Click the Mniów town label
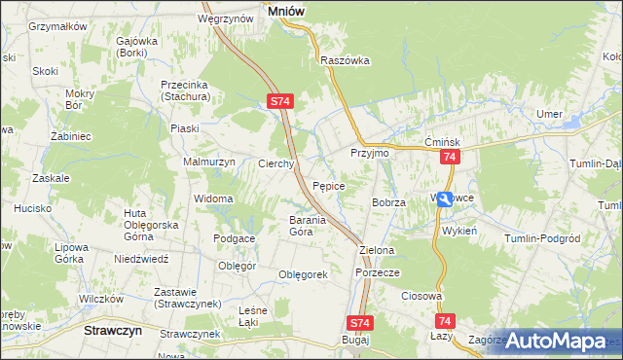282,11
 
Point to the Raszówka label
346,59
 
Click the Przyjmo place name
369,154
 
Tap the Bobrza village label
388,202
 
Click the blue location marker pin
444,198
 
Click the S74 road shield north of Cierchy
279,100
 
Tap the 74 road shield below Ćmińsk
449,157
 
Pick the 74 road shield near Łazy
446,321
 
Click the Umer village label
550,115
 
